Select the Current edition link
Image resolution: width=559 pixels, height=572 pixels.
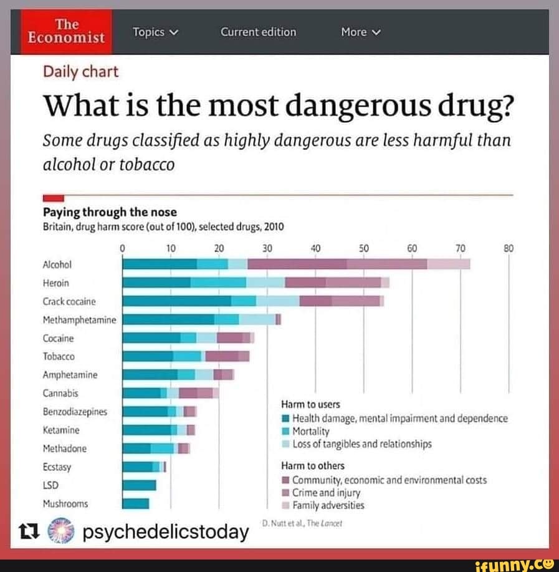click(259, 32)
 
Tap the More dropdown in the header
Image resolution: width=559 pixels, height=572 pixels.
click(360, 32)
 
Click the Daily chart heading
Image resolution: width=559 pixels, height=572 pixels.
click(80, 72)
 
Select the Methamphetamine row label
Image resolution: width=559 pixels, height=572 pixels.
click(79, 320)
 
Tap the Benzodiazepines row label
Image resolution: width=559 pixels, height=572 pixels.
click(75, 412)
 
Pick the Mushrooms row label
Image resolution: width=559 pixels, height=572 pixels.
click(65, 503)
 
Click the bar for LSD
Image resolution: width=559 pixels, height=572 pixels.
click(139, 485)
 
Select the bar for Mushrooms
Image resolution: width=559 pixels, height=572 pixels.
click(136, 503)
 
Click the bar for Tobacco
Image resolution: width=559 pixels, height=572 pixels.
click(186, 356)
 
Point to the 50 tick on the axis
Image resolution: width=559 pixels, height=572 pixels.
click(364, 248)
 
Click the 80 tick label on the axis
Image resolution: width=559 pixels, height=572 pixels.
click(509, 248)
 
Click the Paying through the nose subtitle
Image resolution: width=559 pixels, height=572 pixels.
click(110, 213)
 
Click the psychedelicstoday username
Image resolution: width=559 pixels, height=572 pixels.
click(165, 532)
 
